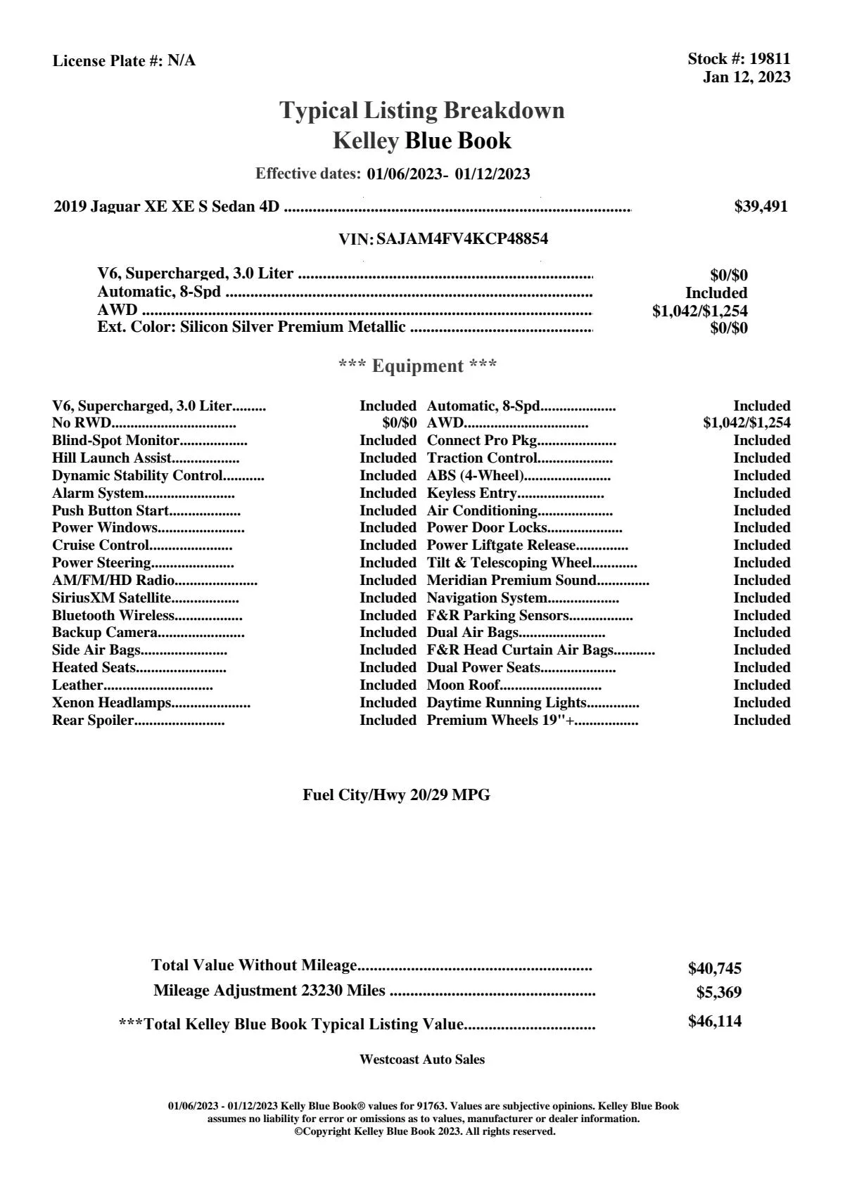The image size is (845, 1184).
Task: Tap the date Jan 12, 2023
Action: point(746,77)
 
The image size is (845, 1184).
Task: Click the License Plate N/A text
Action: point(124,60)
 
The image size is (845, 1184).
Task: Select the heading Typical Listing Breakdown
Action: point(422,110)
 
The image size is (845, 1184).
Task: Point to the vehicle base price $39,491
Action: point(761,206)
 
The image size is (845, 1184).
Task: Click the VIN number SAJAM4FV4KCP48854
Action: point(462,238)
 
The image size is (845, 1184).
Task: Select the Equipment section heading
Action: point(418,366)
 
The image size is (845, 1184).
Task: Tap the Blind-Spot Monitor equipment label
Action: point(115,441)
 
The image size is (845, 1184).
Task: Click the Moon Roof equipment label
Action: point(463,685)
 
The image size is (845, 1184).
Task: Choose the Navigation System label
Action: point(487,598)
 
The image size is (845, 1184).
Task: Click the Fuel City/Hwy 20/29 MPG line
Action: point(396,795)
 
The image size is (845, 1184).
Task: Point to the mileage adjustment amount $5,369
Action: point(718,992)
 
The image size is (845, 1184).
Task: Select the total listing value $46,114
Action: point(715,1021)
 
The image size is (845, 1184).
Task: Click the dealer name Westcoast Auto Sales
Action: point(421,1060)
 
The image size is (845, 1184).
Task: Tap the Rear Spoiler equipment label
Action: point(93,720)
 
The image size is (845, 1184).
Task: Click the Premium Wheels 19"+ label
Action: point(500,720)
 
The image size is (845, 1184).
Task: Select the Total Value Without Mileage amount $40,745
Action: point(715,968)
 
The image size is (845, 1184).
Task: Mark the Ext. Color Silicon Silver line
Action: point(251,327)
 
